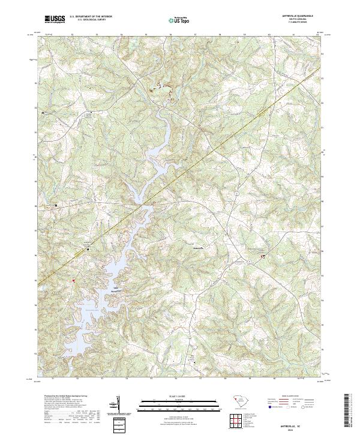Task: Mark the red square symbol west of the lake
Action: (x=74, y=280)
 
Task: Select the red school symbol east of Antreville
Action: (x=263, y=256)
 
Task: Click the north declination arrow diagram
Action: (x=118, y=404)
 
